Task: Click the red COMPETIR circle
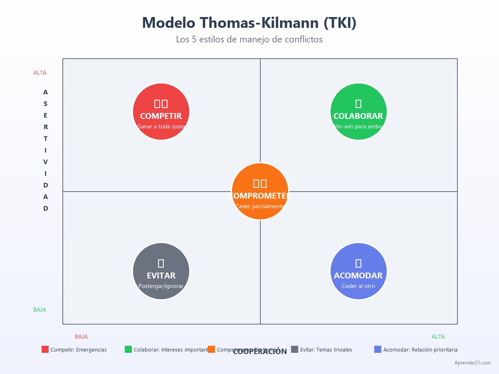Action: [x=161, y=111]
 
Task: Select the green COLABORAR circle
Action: [x=358, y=111]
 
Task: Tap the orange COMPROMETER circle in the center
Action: [x=260, y=191]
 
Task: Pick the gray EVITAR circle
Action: [x=161, y=271]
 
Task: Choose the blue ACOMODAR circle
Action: [x=358, y=271]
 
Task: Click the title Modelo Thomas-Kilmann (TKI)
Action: [x=249, y=22]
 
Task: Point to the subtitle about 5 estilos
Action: [x=249, y=39]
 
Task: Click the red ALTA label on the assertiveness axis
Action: [x=40, y=73]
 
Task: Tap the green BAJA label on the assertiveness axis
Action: [x=40, y=310]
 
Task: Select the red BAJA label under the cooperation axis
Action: [x=81, y=337]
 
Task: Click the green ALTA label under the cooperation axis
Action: [x=438, y=337]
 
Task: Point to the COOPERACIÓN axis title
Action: [x=260, y=352]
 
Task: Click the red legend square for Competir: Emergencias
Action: [x=45, y=349]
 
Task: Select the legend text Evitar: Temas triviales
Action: [x=326, y=350]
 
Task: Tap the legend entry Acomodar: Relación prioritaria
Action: [x=420, y=350]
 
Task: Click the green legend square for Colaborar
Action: [x=128, y=349]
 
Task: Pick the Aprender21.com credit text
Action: [x=472, y=363]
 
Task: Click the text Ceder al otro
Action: [x=358, y=286]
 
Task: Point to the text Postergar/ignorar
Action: [x=161, y=286]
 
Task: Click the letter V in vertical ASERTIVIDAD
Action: [x=46, y=162]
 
